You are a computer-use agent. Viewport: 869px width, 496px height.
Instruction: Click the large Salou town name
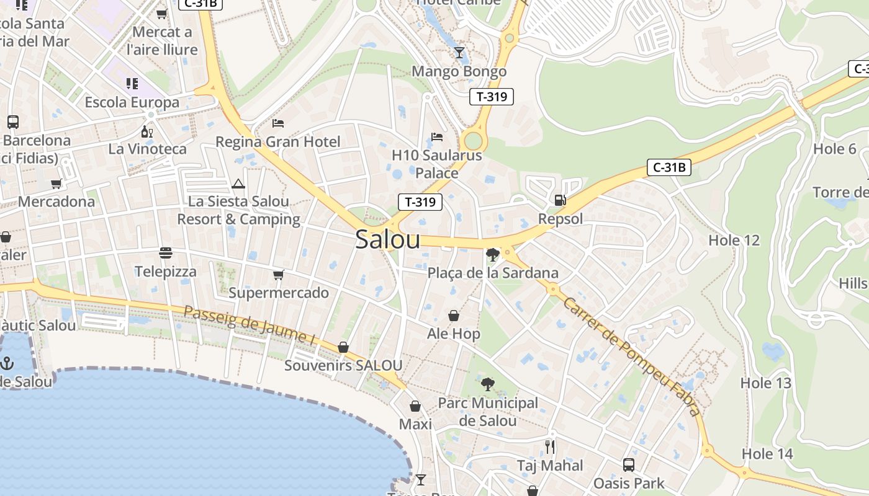pos(388,240)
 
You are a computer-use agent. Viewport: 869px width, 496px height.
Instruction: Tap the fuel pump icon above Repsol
pos(560,200)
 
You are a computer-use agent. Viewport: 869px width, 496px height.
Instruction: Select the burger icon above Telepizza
pos(166,253)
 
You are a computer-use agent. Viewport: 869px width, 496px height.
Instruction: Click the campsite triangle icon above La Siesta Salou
pos(238,184)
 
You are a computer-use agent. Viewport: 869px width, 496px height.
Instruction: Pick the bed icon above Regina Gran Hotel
pos(278,123)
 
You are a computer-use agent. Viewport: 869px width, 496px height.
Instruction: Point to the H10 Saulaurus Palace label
pos(437,164)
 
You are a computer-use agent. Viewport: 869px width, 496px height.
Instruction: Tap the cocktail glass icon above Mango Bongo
pos(459,53)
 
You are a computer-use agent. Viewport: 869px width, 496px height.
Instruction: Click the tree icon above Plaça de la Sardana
pos(493,254)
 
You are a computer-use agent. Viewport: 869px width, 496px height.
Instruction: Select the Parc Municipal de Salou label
pos(488,412)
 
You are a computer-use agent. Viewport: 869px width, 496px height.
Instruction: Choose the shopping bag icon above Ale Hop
pos(454,316)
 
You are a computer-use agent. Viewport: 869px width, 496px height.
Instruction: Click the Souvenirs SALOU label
pos(343,365)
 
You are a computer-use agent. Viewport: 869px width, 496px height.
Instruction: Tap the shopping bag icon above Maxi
pos(415,406)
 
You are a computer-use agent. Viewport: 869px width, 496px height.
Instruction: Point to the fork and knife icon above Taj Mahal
pos(550,447)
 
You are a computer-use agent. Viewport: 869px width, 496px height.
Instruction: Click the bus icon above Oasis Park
pos(629,464)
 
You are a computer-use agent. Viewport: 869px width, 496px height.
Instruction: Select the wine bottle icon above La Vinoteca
pos(147,131)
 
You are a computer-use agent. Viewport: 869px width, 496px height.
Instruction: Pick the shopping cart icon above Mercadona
pos(56,184)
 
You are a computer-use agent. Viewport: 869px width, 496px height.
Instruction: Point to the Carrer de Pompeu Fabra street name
pos(632,356)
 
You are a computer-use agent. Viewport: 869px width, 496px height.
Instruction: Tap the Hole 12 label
pos(734,240)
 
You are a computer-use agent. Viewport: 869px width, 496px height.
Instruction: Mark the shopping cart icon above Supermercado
pos(279,275)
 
